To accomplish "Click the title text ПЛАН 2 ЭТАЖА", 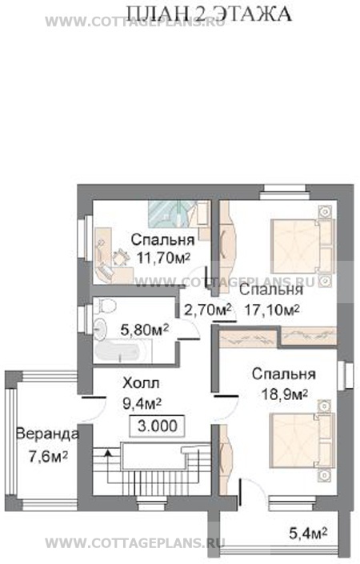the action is click(210, 14).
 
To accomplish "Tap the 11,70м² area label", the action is click(163, 258).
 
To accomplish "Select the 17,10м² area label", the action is click(272, 309).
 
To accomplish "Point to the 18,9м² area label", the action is click(284, 394).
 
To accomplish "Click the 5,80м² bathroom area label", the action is click(145, 330).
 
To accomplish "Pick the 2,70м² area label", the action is click(207, 309).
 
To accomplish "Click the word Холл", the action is click(141, 383).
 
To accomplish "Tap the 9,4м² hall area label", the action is click(142, 403).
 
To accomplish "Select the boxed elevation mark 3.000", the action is click(157, 426).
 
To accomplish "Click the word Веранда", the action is click(47, 434).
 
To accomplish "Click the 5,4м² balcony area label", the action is click(308, 533).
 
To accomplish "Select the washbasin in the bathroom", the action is click(100, 329).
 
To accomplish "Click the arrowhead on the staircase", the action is click(107, 452).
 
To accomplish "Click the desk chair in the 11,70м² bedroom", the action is click(121, 257).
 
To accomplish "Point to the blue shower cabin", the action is click(169, 214).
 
